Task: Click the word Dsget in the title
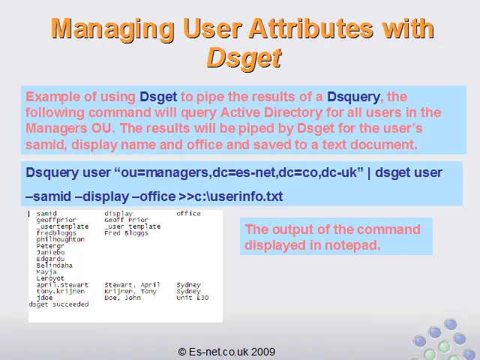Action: point(244,58)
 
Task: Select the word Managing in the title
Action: point(112,29)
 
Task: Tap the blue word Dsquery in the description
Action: point(353,97)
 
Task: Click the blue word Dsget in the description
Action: point(158,97)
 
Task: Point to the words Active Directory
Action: point(271,112)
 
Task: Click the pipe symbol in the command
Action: point(369,173)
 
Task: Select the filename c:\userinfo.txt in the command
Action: point(238,196)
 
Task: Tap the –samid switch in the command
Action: point(48,196)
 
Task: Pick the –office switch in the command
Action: point(154,196)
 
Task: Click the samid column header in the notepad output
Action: point(46,213)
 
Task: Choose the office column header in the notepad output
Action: point(188,213)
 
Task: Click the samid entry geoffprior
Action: point(56,220)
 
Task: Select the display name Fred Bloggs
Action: point(126,233)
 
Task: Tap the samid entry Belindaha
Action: point(54,265)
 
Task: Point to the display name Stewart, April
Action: point(132,285)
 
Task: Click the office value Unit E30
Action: point(193,298)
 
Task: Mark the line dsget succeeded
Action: point(58,304)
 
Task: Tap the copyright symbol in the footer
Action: point(182,352)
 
